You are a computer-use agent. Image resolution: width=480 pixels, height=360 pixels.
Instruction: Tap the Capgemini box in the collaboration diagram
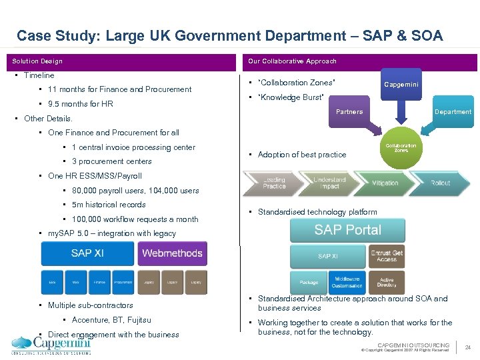[x=401, y=85]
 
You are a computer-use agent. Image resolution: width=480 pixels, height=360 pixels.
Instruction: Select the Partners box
[x=349, y=111]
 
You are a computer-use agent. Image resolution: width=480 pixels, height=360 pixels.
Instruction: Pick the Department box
[x=453, y=111]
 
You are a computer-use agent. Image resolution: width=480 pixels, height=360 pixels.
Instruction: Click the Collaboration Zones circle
[x=401, y=148]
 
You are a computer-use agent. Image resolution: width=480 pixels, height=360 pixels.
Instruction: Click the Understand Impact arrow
[x=328, y=183]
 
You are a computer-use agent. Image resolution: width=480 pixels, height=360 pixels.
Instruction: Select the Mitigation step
[x=385, y=183]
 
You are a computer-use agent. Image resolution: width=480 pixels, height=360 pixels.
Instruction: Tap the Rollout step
[x=440, y=183]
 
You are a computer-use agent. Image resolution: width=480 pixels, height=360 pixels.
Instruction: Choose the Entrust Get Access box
[x=387, y=256]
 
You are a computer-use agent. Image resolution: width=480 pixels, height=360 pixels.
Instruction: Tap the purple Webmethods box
[x=172, y=253]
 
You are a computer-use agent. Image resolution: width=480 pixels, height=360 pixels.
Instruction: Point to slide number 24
[x=468, y=347]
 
